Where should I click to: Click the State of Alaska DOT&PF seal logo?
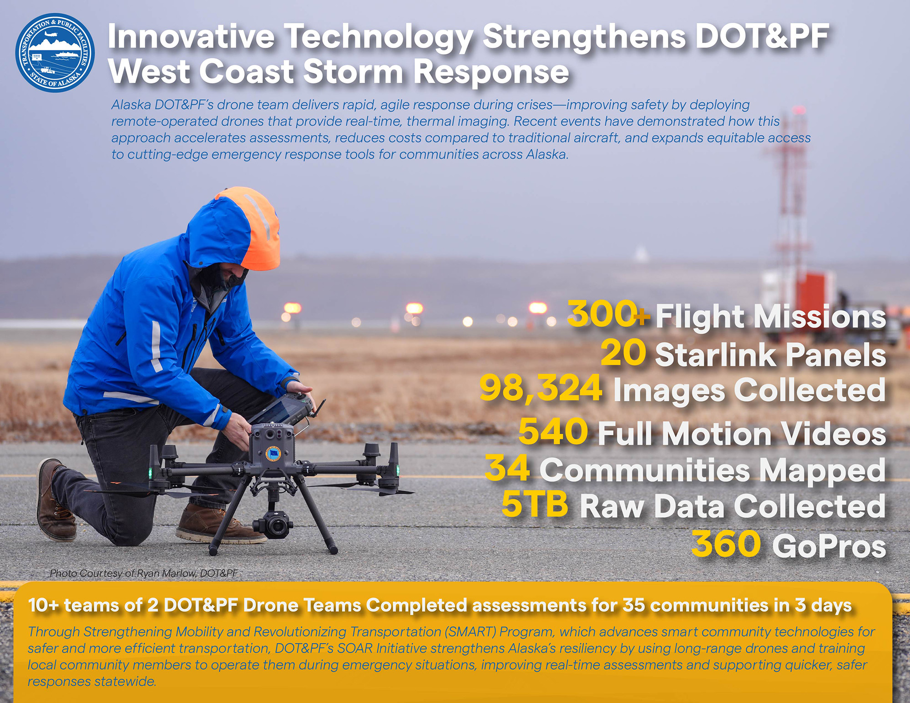[55, 53]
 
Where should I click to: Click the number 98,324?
[541, 389]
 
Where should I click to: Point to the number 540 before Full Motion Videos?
[553, 431]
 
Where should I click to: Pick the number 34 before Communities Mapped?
[507, 468]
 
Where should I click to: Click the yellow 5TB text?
[535, 504]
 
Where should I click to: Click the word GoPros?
[829, 546]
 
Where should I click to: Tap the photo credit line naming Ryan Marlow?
[144, 573]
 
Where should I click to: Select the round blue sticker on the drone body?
[274, 454]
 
